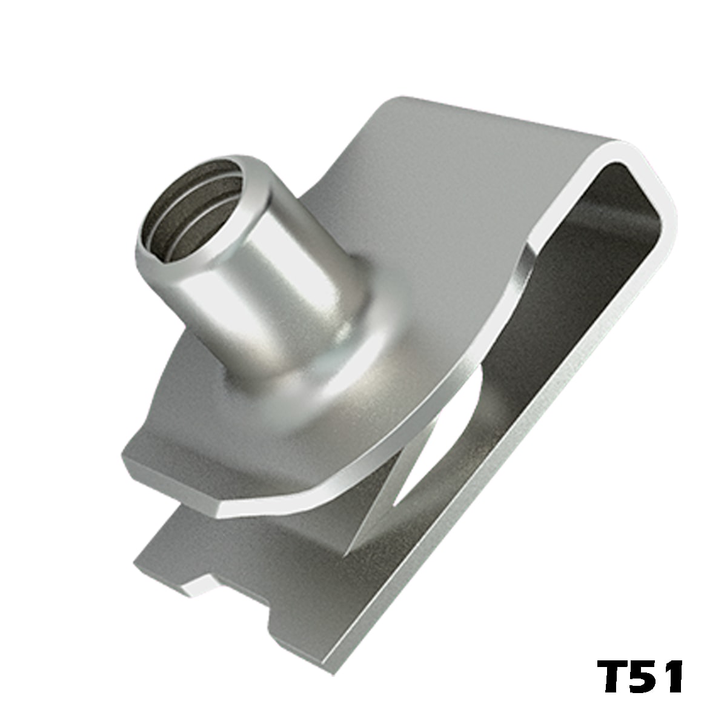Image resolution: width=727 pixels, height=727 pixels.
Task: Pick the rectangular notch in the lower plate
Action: (x=237, y=608)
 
